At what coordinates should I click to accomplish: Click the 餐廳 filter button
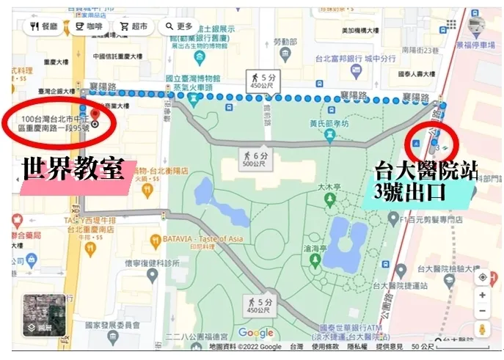click(x=43, y=27)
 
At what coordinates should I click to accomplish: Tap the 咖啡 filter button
click(x=88, y=27)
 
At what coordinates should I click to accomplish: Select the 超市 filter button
click(x=134, y=27)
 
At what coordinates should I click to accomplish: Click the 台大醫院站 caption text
click(x=426, y=170)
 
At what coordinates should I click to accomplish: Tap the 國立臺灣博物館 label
click(x=193, y=78)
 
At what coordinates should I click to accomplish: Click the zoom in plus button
click(x=482, y=295)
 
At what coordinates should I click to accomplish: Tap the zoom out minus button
click(x=482, y=311)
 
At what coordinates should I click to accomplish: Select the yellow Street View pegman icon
click(x=482, y=329)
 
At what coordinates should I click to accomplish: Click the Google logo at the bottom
click(x=255, y=334)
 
